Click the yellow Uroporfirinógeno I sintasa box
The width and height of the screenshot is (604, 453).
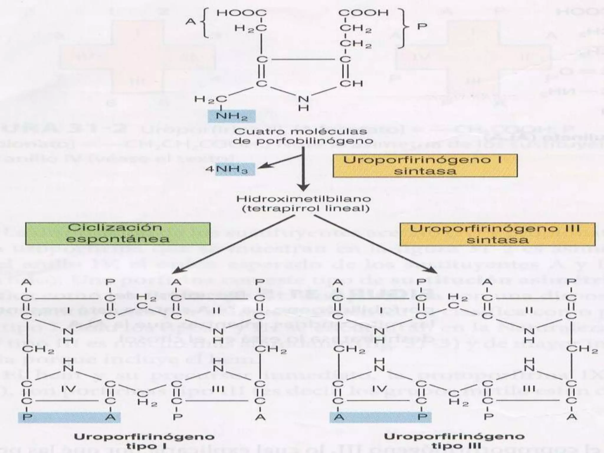pyautogui.click(x=425, y=165)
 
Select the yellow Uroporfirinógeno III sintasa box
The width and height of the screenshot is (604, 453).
pyautogui.click(x=497, y=234)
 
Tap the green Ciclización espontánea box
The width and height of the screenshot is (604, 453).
pyautogui.click(x=118, y=233)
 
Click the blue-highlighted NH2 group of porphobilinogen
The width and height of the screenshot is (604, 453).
pyautogui.click(x=232, y=116)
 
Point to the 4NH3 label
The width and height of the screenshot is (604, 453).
pyautogui.click(x=231, y=170)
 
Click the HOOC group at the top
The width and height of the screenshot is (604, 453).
pyautogui.click(x=242, y=13)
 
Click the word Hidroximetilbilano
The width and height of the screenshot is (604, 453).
pyautogui.click(x=304, y=198)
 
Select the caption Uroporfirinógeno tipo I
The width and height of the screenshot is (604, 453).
pyautogui.click(x=144, y=441)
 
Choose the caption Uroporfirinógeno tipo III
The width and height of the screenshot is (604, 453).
pyautogui.click(x=454, y=441)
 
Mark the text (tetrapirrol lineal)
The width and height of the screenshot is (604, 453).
pyautogui.click(x=306, y=209)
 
